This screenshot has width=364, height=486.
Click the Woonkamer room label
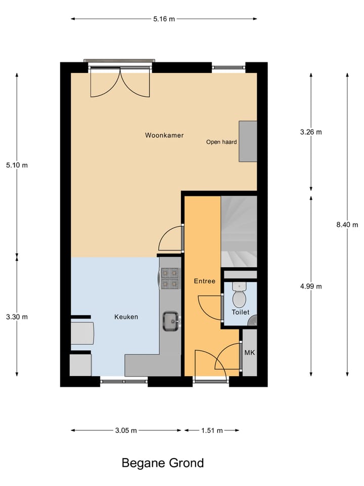pyautogui.click(x=164, y=135)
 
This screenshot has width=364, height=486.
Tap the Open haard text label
pyautogui.click(x=221, y=142)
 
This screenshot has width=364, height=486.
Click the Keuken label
pyautogui.click(x=126, y=317)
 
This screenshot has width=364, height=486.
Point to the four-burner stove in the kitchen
pyautogui.click(x=170, y=278)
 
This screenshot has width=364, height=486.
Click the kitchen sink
pyautogui.click(x=171, y=320)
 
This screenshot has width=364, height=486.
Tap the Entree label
pyautogui.click(x=205, y=281)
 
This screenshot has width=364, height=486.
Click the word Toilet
pyautogui.click(x=241, y=312)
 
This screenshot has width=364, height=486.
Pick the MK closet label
pyautogui.click(x=249, y=352)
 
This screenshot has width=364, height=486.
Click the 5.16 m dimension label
pyautogui.click(x=164, y=19)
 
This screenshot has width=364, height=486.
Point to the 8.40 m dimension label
pyautogui.click(x=347, y=225)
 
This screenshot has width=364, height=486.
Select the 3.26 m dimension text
pyautogui.click(x=310, y=132)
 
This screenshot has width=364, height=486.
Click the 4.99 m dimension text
pyautogui.click(x=310, y=286)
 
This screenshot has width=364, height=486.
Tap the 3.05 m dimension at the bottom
pyautogui.click(x=126, y=431)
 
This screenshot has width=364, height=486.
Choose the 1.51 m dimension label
pyautogui.click(x=212, y=431)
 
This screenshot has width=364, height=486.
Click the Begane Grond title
pyautogui.click(x=163, y=463)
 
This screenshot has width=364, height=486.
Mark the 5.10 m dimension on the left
pyautogui.click(x=17, y=165)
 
